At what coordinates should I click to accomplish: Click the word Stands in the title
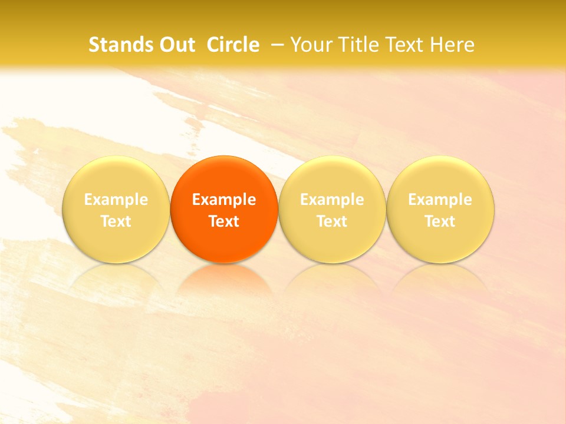(119, 45)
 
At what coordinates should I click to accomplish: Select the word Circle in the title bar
(233, 45)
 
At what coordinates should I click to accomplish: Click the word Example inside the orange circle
(224, 200)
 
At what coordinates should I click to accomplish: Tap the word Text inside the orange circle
(224, 221)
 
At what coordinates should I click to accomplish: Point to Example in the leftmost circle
(116, 200)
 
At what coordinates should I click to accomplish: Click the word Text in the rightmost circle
(440, 221)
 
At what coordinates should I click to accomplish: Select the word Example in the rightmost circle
(440, 200)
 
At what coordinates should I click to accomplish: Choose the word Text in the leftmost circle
(116, 221)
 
